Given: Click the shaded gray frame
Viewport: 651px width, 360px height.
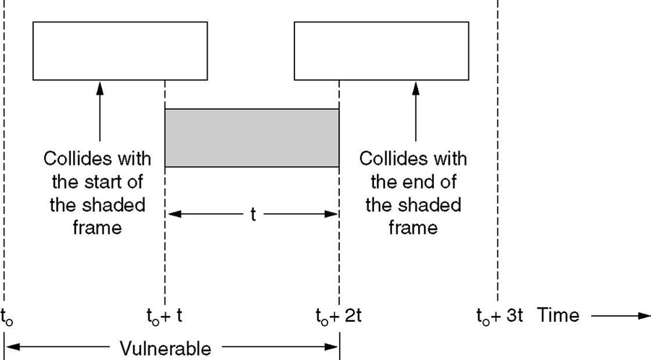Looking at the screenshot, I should (x=252, y=138).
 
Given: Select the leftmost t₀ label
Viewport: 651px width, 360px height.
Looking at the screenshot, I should (x=7, y=317).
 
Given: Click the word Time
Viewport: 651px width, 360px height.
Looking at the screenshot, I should (x=561, y=315).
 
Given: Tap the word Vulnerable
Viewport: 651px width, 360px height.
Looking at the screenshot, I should (x=166, y=349).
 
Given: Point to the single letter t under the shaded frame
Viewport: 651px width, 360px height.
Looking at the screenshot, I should (x=252, y=215).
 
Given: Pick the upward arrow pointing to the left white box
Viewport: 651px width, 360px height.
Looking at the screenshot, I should (x=100, y=108).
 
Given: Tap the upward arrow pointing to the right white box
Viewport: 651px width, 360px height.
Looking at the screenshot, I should (x=415, y=108).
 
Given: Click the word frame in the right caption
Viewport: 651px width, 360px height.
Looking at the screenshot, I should (x=413, y=228).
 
